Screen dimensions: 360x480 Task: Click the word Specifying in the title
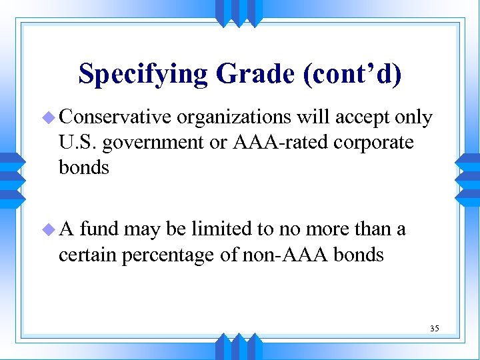[143, 74]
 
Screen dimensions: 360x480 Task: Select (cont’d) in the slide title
[353, 74]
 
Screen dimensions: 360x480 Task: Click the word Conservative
[116, 118]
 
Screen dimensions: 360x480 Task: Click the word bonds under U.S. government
[83, 167]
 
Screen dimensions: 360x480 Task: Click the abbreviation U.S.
[78, 143]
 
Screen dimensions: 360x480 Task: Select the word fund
[99, 229]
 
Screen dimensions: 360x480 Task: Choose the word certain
[89, 255]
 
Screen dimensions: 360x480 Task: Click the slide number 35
[434, 328]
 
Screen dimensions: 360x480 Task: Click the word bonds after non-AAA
[359, 255]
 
